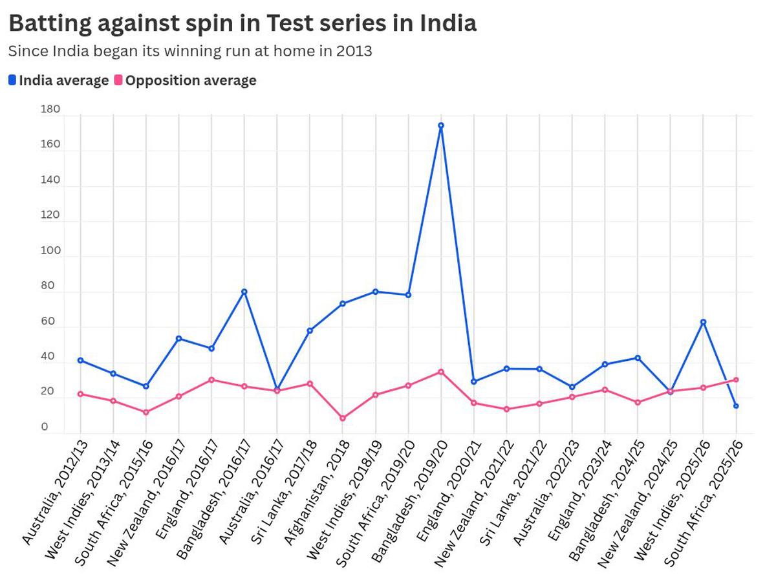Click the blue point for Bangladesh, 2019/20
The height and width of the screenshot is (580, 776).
point(441,125)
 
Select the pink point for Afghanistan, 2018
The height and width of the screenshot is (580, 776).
point(343,418)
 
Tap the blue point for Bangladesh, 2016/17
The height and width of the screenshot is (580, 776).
point(244,292)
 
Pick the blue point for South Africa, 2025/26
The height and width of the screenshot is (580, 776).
point(736,406)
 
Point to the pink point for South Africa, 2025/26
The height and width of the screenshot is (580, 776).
point(736,380)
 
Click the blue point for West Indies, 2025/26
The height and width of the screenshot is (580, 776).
point(703,322)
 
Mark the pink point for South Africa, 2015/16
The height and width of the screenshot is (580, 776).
point(146,413)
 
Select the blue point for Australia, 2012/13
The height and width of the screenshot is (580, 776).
point(80,360)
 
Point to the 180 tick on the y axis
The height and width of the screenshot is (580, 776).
point(50,109)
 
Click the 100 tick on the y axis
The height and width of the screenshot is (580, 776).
point(50,251)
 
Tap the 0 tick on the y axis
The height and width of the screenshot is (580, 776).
point(45,427)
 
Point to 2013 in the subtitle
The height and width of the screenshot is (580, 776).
point(354,51)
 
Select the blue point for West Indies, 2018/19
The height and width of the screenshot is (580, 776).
point(375,292)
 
